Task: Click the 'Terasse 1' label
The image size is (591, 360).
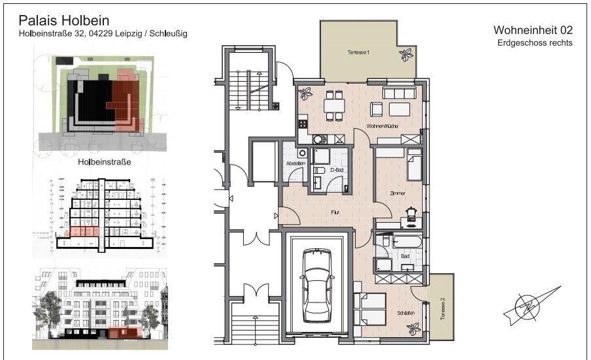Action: tap(359, 52)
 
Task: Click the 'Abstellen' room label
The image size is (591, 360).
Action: tap(295, 163)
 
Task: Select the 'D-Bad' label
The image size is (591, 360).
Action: tap(337, 170)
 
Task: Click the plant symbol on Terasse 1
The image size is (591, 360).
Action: tap(407, 54)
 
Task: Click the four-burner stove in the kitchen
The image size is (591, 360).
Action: tap(303, 123)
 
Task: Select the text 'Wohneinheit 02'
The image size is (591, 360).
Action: tap(532, 30)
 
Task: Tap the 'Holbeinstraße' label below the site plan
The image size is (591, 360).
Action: tap(99, 162)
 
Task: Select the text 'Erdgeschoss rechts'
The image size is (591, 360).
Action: tap(535, 43)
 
